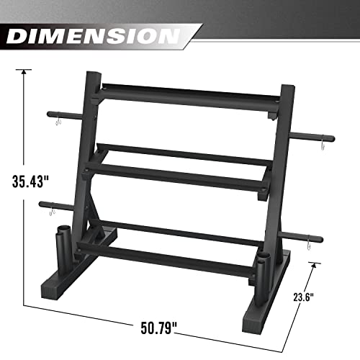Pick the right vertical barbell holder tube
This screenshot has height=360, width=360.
[x=264, y=265]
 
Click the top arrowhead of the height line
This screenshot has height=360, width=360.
[x=25, y=71]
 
